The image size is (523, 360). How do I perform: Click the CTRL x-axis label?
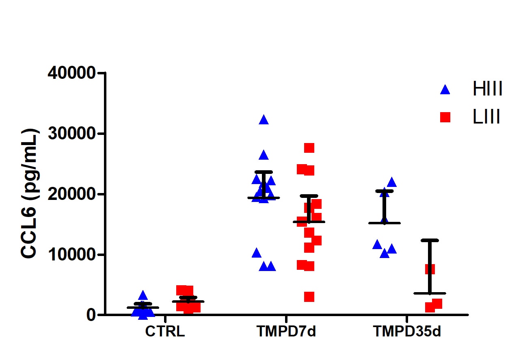pos(165,332)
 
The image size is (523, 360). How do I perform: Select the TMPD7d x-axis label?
pos(286,332)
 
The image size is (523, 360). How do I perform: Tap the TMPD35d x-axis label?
pos(407,332)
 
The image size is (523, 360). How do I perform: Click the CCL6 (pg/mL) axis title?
pos(29,193)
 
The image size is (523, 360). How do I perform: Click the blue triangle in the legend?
pos(445,90)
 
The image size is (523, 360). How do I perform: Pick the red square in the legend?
pos(445,117)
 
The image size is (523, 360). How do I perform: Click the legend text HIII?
pos(488,89)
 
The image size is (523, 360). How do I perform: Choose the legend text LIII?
pos(486,117)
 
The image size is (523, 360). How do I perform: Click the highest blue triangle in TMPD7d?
pos(264,120)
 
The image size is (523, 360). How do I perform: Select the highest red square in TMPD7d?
pos(309,148)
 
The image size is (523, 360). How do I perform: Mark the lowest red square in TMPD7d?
pos(309,297)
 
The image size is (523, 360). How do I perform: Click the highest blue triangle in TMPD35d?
pos(392,182)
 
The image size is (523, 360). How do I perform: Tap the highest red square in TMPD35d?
pos(430,269)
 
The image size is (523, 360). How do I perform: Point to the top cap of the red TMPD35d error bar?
pos(430,240)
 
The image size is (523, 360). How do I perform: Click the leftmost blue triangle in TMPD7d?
pos(256,253)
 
